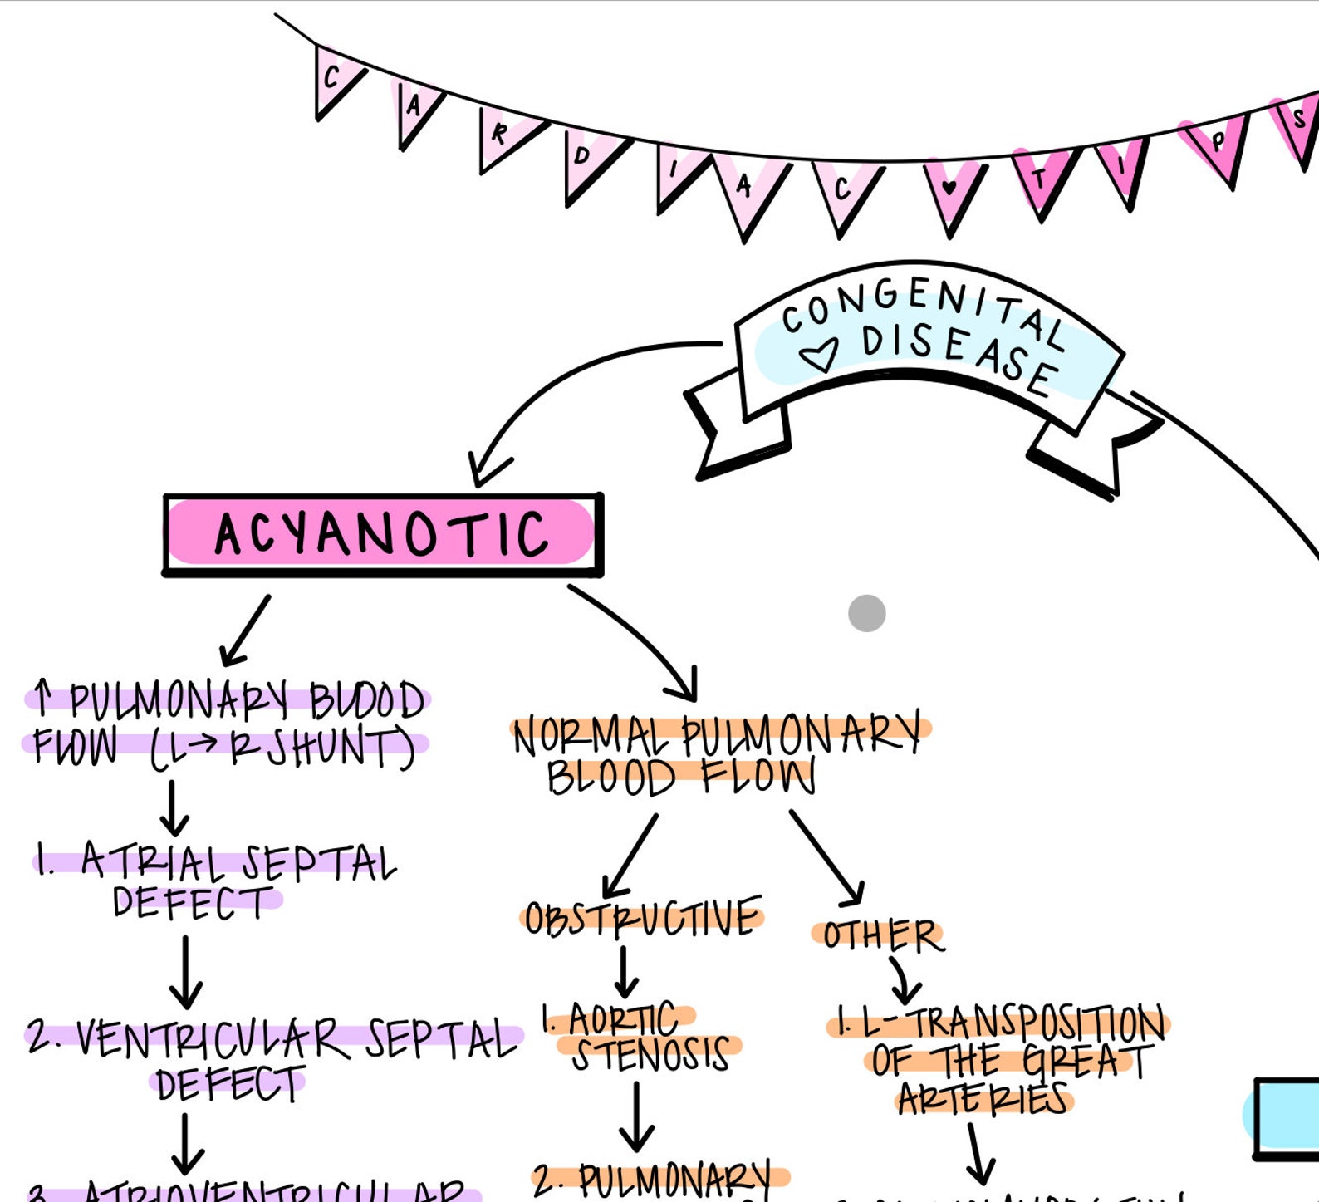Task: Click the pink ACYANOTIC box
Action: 382,533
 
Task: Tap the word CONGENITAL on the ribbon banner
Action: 922,307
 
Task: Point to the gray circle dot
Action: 866,613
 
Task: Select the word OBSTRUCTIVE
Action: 642,917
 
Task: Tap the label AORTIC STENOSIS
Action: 640,1037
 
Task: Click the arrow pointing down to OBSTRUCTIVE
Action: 630,856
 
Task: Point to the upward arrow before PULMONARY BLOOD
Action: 43,698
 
